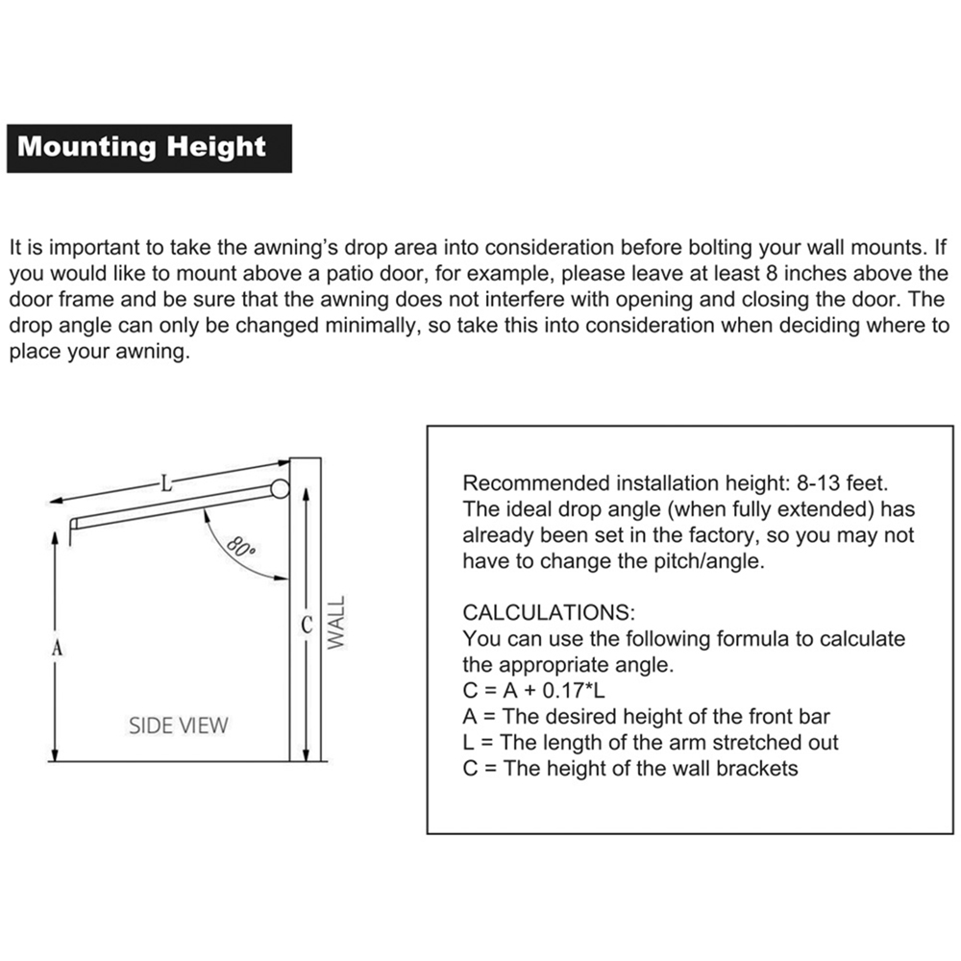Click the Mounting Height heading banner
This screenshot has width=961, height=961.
[142, 147]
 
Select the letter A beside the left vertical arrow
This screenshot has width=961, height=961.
[57, 649]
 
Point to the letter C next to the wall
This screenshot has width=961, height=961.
[307, 626]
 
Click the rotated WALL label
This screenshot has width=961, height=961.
[334, 623]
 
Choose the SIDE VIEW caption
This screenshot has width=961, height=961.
[179, 725]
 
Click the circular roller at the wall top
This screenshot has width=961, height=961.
[280, 488]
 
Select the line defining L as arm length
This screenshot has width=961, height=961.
[651, 742]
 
